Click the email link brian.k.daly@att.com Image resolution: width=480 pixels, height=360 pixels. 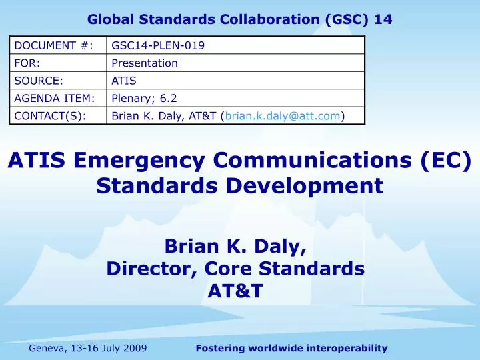click(x=283, y=116)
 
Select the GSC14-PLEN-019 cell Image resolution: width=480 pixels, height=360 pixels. click(x=158, y=45)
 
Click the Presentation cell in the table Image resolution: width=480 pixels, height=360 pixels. click(x=145, y=63)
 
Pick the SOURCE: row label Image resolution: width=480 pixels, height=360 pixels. click(x=39, y=81)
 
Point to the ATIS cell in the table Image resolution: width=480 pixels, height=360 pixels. click(x=124, y=81)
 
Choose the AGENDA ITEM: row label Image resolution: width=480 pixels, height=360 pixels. click(x=54, y=99)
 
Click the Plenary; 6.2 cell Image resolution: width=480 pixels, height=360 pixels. click(x=140, y=99)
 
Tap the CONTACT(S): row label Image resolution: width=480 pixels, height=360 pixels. click(x=50, y=116)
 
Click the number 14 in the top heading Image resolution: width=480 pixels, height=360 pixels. click(x=383, y=20)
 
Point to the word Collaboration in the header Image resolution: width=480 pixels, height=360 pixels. click(x=253, y=20)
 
